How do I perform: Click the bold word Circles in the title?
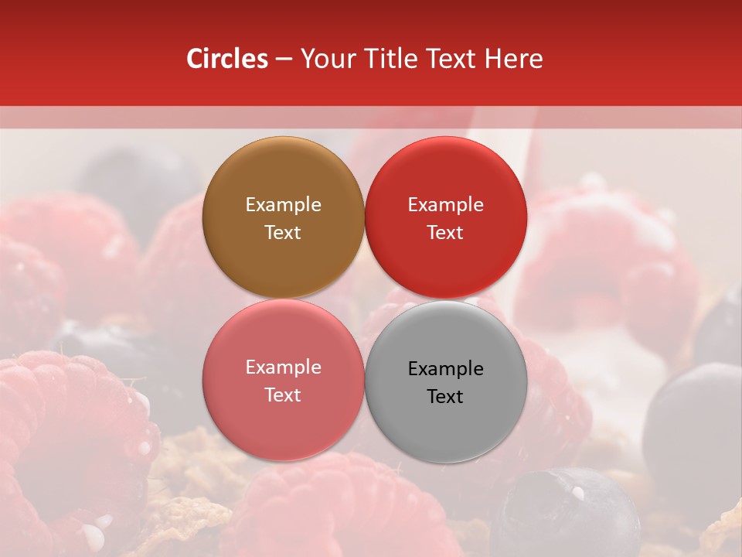coord(227,59)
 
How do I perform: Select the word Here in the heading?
coord(513,59)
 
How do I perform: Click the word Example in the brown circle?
coord(283,205)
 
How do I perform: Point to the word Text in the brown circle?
coord(283,233)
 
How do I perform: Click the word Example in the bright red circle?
coord(445,205)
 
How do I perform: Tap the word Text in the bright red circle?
coord(445,233)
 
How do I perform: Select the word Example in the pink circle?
coord(283,367)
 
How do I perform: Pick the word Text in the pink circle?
coord(283,395)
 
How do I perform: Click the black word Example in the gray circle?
coord(445,369)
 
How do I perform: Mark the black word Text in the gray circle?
coord(445,397)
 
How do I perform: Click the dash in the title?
coord(284,60)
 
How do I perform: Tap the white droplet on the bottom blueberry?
coord(577,491)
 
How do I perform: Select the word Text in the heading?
coord(449,59)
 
